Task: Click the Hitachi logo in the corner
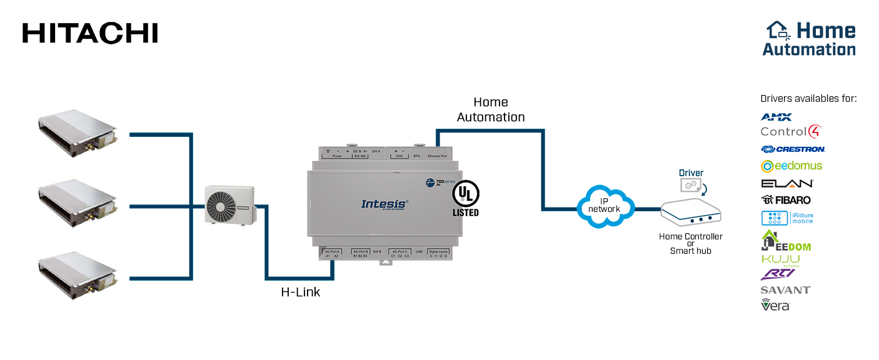(90, 33)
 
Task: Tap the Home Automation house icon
(778, 30)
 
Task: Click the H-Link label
(300, 292)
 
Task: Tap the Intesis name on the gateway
(384, 204)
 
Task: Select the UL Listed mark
(465, 199)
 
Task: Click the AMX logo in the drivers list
(776, 117)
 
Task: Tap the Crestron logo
(793, 149)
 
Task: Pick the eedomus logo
(791, 166)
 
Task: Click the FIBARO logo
(786, 200)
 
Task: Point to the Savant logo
(785, 290)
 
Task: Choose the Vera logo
(775, 305)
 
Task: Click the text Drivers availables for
(808, 99)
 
